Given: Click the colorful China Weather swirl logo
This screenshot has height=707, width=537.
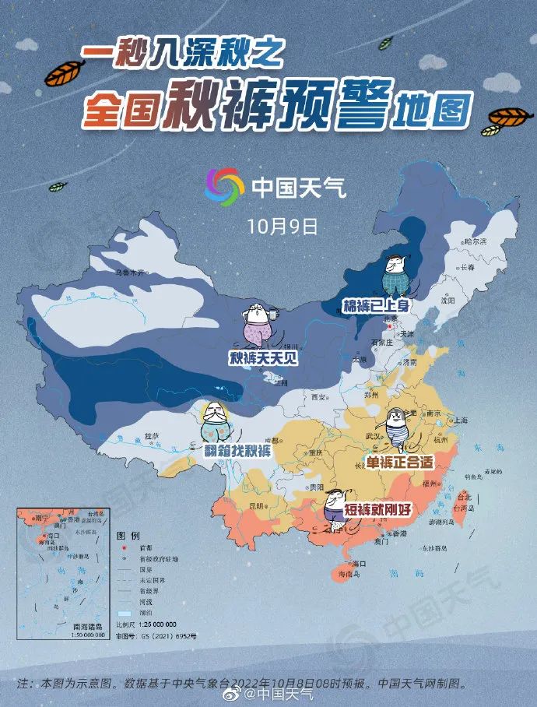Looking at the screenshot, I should tap(224, 187).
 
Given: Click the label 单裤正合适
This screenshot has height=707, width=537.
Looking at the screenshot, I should tap(399, 462).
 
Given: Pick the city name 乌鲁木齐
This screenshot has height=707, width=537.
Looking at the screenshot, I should tap(131, 273).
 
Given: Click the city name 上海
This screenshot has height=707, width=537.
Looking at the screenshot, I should tap(459, 420).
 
